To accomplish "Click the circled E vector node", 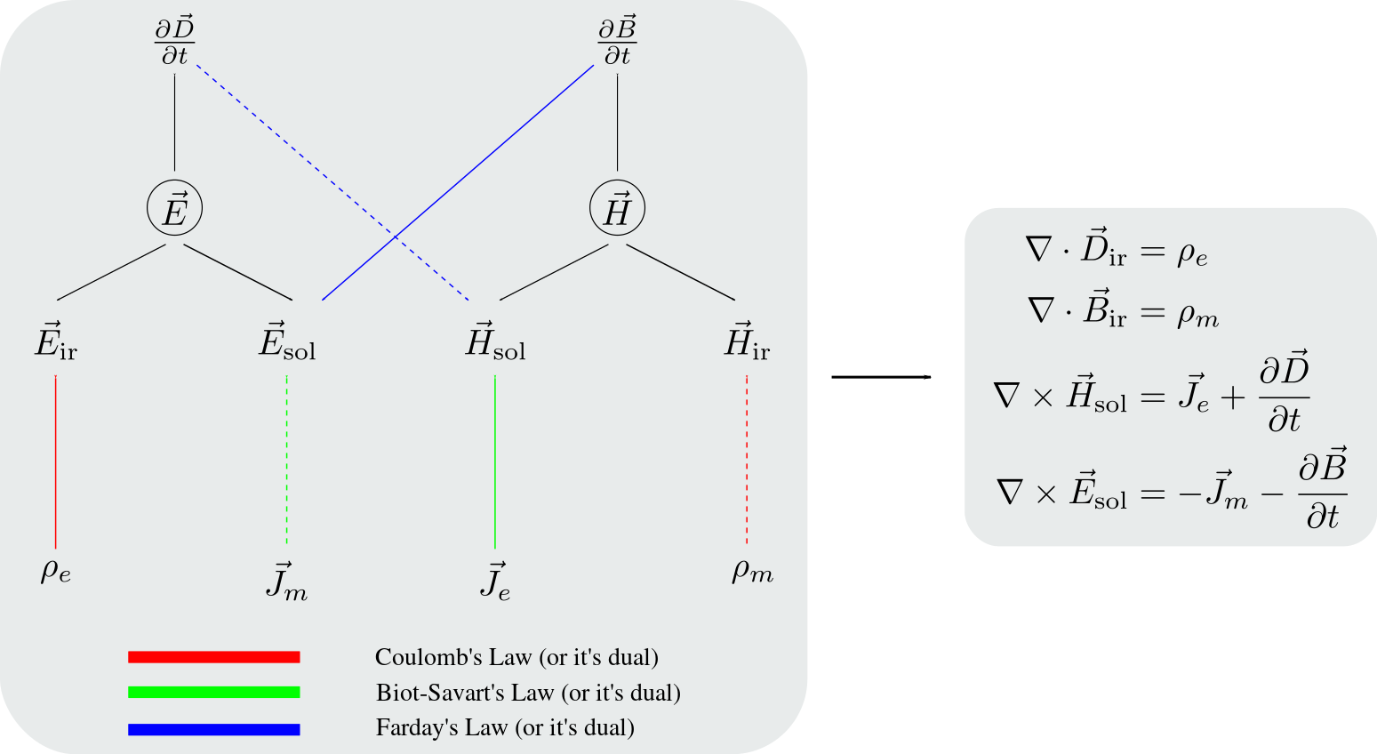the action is [174, 208].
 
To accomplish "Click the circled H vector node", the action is [617, 208].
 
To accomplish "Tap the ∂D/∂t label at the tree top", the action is [174, 42].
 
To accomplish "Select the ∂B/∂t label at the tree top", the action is [617, 42].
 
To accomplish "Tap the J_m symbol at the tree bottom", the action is [287, 582].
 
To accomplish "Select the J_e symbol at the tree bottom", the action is [495, 582].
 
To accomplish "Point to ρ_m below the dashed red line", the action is [752, 572].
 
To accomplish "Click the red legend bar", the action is [214, 657].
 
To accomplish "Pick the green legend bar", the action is [214, 693].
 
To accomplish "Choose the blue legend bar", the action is [214, 729].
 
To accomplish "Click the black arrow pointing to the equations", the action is [882, 377].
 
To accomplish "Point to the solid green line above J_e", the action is [495, 461].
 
